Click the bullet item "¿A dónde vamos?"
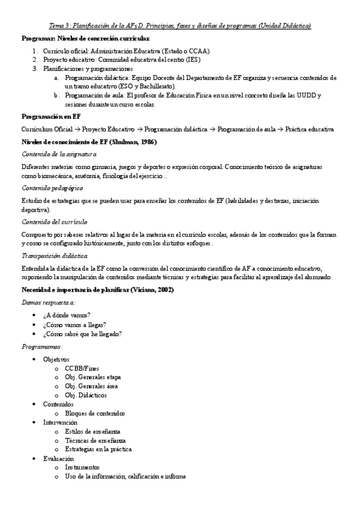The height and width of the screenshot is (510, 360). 66,315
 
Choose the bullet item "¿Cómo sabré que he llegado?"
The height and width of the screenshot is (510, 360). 82,334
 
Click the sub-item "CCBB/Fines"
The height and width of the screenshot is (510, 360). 82,368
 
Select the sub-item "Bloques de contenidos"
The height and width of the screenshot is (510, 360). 95,413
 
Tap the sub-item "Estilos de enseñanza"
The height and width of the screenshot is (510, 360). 93,431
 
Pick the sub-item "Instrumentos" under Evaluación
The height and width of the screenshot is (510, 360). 82,467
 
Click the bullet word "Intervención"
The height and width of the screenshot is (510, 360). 60,422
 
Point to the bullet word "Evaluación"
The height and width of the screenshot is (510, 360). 58,458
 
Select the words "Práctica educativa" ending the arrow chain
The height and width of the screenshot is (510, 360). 310,129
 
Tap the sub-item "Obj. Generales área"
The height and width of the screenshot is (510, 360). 91,386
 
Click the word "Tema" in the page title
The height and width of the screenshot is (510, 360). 56,26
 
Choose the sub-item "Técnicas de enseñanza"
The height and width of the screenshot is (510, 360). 94,440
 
